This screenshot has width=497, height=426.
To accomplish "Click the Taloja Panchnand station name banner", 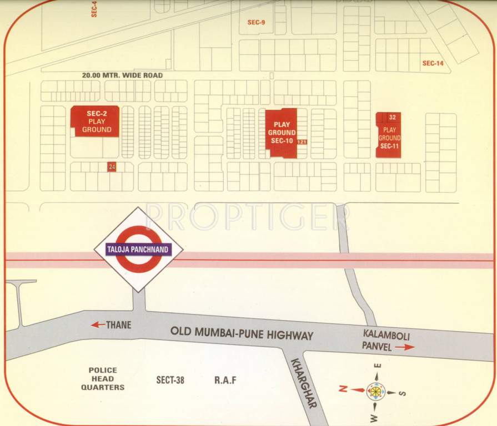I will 138,250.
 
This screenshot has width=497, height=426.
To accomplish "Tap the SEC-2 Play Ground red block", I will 94,121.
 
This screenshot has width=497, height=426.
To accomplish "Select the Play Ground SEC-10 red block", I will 281,133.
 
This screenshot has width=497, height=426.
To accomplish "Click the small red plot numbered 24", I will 112,166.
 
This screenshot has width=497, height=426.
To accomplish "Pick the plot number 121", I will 302,143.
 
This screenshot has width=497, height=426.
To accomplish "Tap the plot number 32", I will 393,117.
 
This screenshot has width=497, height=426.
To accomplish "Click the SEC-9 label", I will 257,22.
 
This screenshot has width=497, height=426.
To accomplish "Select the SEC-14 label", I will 433,63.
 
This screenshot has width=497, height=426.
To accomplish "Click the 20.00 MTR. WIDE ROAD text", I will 122,75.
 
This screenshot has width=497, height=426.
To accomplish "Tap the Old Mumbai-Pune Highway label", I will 242,334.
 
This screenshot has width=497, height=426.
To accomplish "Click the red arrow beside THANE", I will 98,324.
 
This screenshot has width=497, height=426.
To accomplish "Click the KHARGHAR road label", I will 303,383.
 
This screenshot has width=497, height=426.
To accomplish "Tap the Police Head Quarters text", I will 103,379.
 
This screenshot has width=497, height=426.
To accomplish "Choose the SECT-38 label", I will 170,380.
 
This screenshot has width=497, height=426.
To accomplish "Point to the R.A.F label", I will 225,380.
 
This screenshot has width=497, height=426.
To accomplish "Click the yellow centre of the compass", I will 376,392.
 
